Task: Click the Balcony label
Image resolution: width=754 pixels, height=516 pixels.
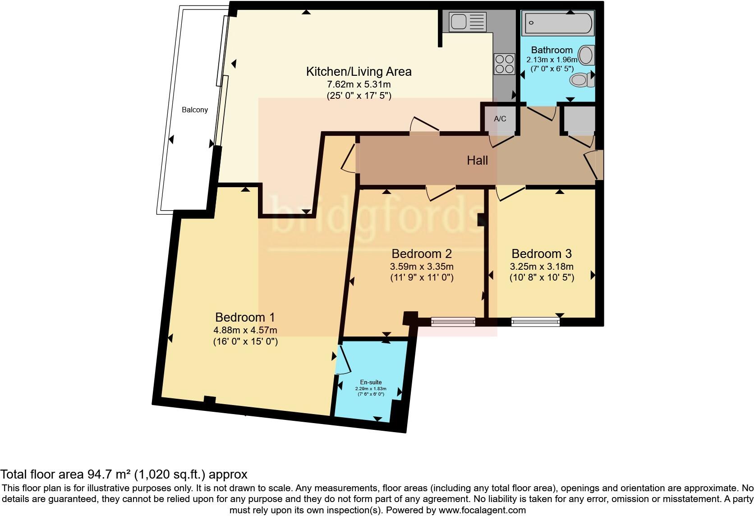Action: point(194,110)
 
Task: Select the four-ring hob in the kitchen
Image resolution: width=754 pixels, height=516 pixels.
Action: point(505,64)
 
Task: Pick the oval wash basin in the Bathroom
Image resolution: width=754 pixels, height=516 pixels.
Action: point(586,55)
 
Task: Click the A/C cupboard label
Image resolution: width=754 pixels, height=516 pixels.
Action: point(500,119)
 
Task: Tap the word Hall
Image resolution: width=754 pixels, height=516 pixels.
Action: point(477,160)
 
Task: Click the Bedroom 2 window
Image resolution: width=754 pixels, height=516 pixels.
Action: point(453,322)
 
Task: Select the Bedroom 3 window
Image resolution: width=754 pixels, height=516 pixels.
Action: point(535,322)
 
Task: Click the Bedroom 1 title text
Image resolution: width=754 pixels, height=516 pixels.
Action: point(245,317)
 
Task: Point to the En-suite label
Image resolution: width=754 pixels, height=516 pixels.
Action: point(371,382)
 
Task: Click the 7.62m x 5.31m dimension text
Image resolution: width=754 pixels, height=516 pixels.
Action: point(359,84)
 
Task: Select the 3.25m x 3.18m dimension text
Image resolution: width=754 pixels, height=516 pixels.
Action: point(542,267)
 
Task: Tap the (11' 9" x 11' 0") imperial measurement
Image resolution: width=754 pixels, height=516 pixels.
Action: point(422,277)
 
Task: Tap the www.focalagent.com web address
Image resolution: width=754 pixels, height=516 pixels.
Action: point(482,511)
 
